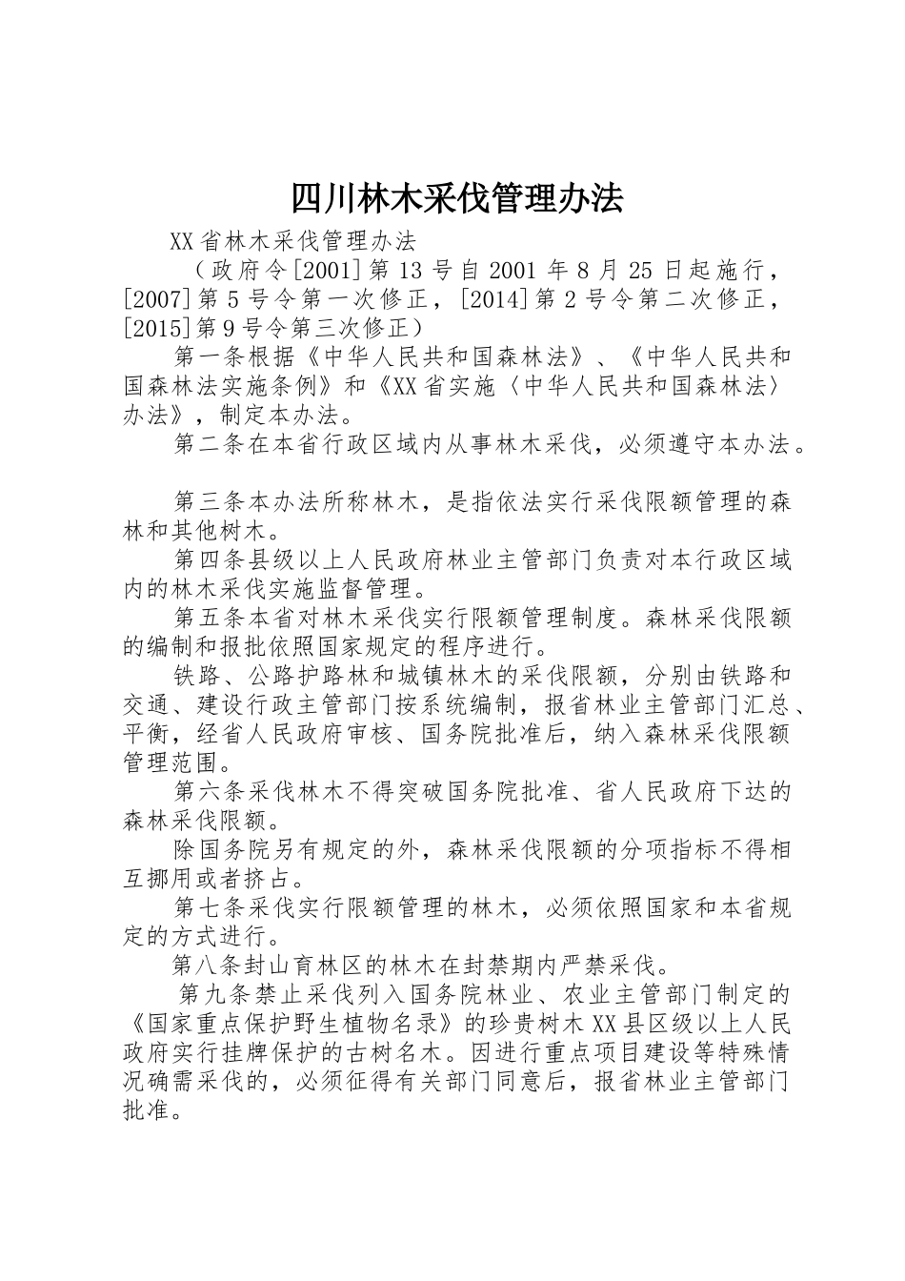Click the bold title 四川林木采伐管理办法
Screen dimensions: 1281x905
click(x=456, y=198)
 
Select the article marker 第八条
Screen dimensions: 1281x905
click(x=210, y=966)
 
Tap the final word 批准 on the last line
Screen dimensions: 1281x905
click(x=146, y=1111)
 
